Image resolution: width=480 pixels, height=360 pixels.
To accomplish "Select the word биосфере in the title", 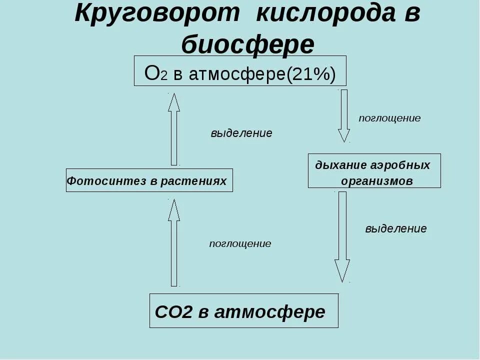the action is coord(247,45).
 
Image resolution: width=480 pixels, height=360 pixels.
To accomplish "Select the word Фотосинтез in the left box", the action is coord(106,180).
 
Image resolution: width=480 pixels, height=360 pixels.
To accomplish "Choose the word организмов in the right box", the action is coord(377,181).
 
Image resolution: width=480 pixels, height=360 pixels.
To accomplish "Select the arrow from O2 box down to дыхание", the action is coord(344,115).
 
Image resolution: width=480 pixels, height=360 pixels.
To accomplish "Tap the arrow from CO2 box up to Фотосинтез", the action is coord(174,242).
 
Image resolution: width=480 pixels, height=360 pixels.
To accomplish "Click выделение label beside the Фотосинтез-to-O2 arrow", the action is coord(241,133).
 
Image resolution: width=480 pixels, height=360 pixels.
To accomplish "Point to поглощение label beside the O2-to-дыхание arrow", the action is coord(389,118).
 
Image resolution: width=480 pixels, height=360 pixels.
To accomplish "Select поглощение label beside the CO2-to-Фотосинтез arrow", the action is coord(240,244).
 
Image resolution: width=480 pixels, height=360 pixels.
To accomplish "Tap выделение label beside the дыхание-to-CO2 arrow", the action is coord(396,229).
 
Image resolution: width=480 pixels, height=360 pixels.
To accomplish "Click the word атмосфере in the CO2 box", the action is coord(269,312).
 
